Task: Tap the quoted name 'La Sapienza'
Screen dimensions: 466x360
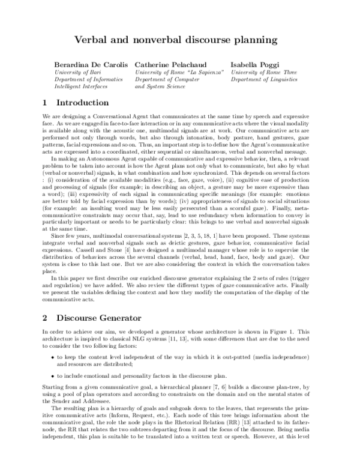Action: pyautogui.click(x=206, y=72)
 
